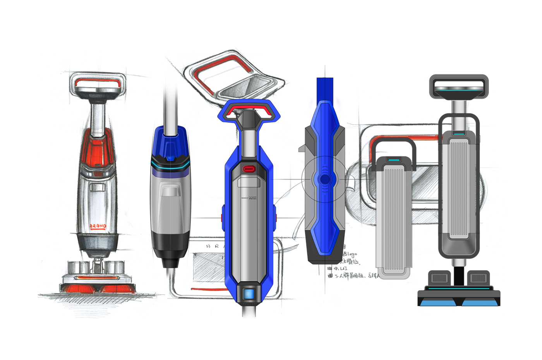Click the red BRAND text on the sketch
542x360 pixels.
[x=98, y=226]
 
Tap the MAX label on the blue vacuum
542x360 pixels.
[x=252, y=198]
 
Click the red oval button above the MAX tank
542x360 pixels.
[x=248, y=169]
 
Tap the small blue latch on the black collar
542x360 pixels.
[x=170, y=158]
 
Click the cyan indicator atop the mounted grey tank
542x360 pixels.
[x=458, y=134]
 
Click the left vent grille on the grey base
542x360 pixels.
[x=439, y=278]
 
